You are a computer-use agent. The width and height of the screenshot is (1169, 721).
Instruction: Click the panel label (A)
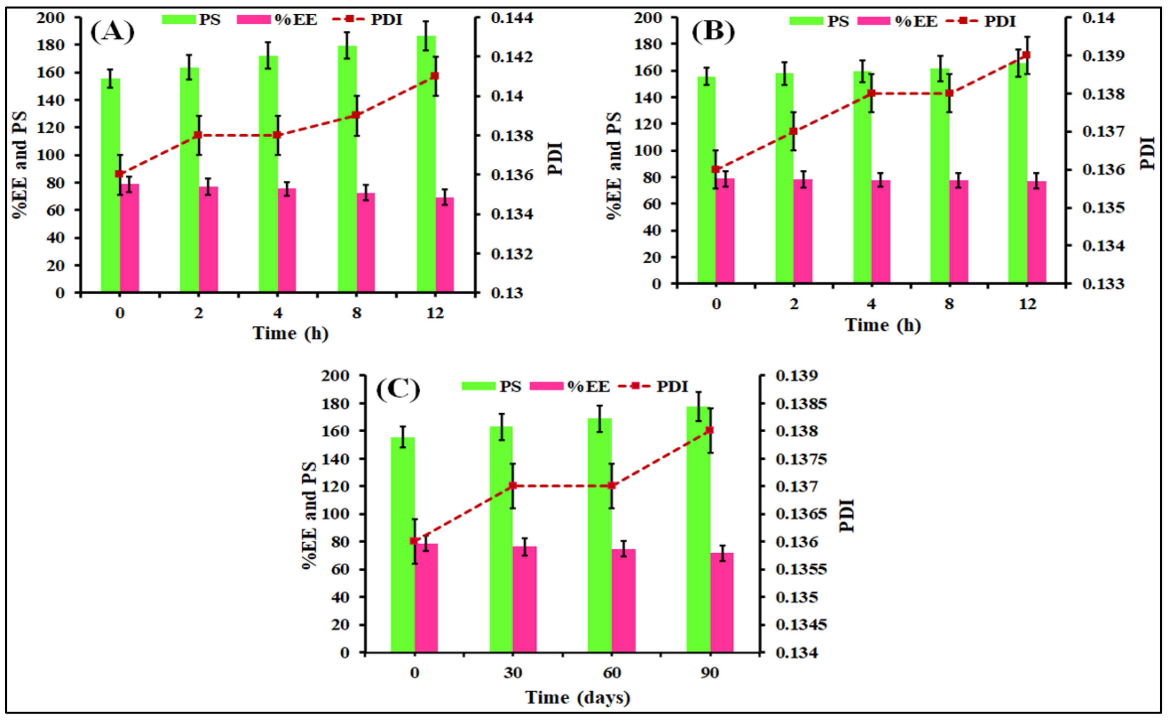coord(112,32)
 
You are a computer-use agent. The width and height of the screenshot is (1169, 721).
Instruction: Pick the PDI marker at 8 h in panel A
coord(356,115)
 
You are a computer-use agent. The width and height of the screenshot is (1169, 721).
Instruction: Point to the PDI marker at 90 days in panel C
coord(709,430)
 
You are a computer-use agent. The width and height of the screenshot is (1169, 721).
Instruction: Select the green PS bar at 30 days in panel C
coord(501,539)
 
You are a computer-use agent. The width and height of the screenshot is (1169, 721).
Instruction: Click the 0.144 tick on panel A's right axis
coord(512,18)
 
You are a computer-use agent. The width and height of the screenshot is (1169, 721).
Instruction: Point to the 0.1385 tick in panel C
coord(801,404)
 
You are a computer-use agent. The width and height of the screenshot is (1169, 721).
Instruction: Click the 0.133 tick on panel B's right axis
coord(1103,284)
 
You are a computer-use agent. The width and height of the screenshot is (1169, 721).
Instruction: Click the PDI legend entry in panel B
coord(1000,21)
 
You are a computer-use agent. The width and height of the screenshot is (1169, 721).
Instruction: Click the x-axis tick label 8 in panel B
coord(949,304)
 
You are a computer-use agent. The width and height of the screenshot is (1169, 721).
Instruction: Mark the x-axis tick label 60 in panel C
coord(612,673)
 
